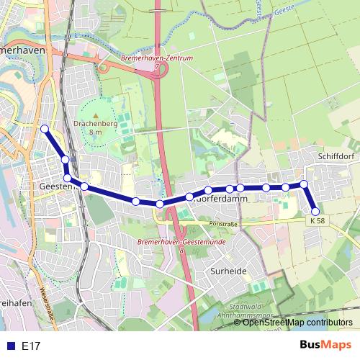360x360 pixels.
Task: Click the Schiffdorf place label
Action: [x=332, y=155]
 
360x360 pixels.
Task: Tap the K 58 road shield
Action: [x=318, y=221]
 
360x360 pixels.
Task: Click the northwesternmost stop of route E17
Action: [x=45, y=129]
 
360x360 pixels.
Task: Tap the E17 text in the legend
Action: [x=31, y=346]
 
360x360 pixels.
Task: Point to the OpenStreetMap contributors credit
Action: [x=297, y=323]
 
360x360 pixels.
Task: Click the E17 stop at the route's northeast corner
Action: [x=304, y=184]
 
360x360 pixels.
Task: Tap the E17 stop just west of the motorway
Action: [x=160, y=204]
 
